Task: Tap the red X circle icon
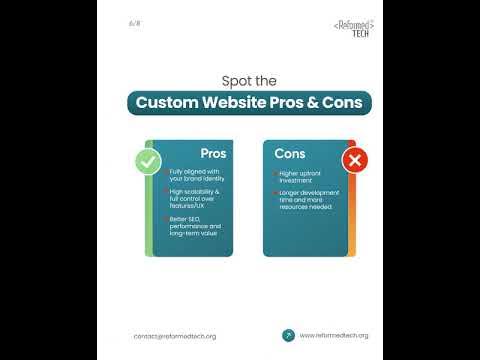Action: coord(352,159)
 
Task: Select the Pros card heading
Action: coord(213,154)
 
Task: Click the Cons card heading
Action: coord(291,154)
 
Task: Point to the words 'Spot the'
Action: coord(248,81)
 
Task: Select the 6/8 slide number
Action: coord(135,22)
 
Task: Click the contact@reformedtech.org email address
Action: coord(174,336)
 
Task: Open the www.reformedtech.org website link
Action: coord(334,335)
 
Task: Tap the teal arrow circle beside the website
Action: coord(288,335)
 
